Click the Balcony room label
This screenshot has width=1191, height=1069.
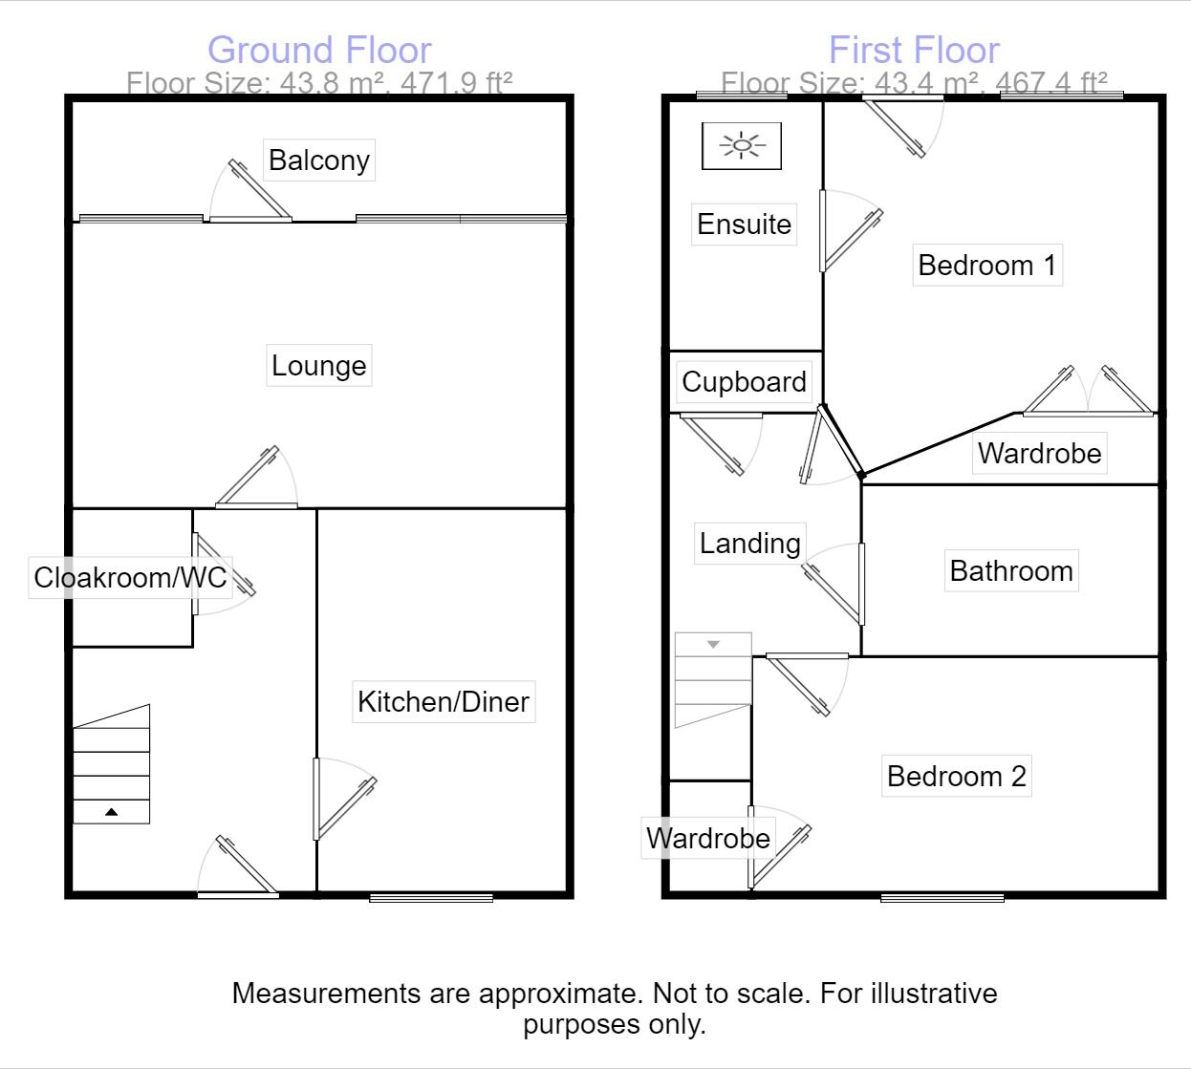[x=318, y=160]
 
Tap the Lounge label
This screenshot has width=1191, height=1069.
[x=318, y=366]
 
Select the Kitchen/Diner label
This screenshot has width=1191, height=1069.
[x=444, y=702]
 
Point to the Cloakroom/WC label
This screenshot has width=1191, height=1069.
[x=130, y=578]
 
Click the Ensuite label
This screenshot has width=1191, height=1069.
[x=744, y=224]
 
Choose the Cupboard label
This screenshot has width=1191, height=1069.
[x=744, y=382]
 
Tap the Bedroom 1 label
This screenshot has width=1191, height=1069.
[x=987, y=265]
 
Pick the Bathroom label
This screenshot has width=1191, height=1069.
[x=1011, y=570]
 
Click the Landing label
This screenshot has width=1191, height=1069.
[x=749, y=544]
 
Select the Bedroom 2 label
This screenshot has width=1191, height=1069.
[x=957, y=777]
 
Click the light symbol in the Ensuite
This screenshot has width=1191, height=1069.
[x=742, y=146]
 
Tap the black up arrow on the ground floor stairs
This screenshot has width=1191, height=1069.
[x=111, y=812]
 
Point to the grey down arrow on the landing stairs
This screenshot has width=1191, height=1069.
[x=713, y=644]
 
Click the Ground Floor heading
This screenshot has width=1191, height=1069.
[x=319, y=50]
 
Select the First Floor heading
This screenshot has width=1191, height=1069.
[x=914, y=50]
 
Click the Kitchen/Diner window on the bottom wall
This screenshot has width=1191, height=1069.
[x=431, y=897]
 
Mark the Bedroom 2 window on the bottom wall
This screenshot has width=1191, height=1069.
[x=942, y=897]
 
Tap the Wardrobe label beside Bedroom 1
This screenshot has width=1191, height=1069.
[x=1039, y=453]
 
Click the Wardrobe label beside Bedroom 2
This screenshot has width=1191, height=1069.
[x=707, y=838]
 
